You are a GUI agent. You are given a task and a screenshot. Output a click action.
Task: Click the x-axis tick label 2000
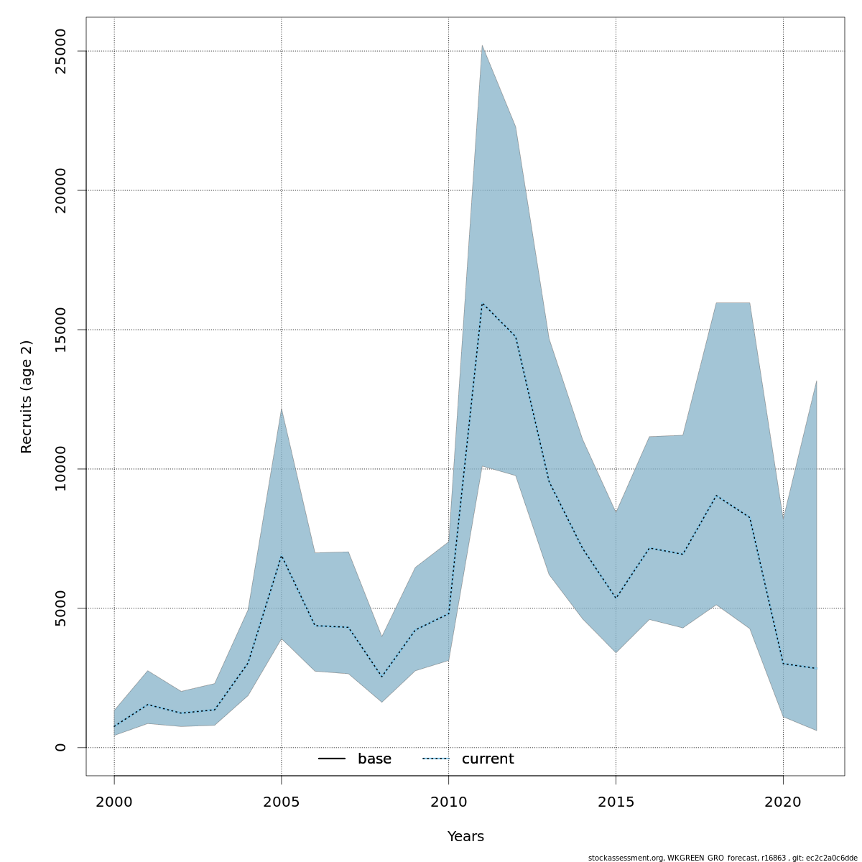tap(114, 802)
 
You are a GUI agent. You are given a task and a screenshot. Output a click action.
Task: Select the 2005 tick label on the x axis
tap(282, 802)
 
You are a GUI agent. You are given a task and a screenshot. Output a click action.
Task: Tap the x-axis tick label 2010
tap(448, 802)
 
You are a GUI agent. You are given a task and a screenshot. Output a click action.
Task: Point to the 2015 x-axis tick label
tap(616, 802)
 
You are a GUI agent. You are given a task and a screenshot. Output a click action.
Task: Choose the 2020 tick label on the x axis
tap(783, 802)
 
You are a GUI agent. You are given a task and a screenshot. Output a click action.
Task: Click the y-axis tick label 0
tap(60, 747)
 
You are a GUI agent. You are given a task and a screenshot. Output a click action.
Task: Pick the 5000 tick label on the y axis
tap(60, 608)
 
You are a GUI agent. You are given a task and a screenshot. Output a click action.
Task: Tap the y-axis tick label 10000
tap(60, 469)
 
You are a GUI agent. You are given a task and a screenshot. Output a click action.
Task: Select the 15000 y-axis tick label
tap(60, 330)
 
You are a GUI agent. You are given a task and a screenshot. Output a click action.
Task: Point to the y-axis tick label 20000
tap(60, 190)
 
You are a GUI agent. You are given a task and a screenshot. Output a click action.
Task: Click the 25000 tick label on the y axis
tap(60, 51)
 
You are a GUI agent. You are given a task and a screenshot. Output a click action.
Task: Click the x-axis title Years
tap(465, 837)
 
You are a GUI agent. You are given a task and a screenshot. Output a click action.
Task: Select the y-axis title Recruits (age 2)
tap(27, 397)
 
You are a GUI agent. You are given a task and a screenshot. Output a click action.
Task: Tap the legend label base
tap(374, 759)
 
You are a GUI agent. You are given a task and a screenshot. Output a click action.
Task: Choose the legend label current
tap(488, 759)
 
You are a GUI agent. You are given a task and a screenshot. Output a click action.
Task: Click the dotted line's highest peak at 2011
tap(482, 303)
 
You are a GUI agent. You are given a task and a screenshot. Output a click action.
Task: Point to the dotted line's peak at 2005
tap(282, 555)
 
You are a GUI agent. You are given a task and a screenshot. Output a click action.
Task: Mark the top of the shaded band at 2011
tap(482, 45)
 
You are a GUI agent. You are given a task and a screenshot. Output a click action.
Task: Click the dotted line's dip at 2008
tap(381, 677)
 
